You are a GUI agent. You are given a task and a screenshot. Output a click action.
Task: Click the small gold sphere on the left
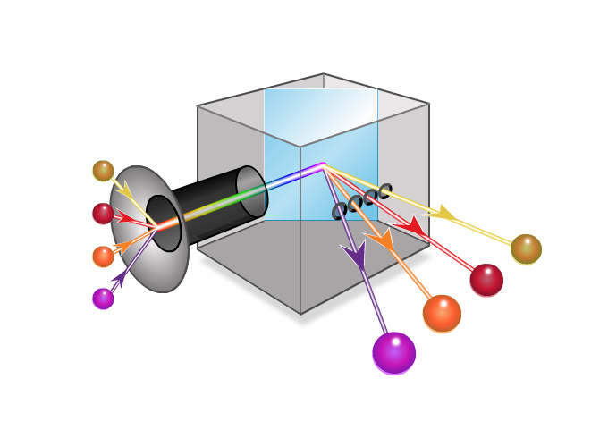(x=103, y=171)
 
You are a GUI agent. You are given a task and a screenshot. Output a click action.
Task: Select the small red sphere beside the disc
(x=103, y=214)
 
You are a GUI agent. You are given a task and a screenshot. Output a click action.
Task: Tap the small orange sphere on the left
(x=103, y=257)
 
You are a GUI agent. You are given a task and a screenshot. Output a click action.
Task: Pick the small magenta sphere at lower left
(x=103, y=299)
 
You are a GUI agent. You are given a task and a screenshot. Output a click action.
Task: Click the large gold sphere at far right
(x=526, y=249)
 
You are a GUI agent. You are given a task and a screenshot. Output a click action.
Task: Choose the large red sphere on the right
(x=486, y=280)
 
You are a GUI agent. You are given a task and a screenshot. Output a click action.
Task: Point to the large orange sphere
(x=442, y=314)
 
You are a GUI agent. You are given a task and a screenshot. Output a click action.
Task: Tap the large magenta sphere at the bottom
(x=393, y=353)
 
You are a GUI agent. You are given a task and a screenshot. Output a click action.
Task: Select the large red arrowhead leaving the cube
(x=412, y=227)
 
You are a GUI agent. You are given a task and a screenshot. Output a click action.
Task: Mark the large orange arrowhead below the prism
(x=380, y=239)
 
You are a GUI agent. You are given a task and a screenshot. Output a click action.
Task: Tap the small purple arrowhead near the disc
(x=119, y=279)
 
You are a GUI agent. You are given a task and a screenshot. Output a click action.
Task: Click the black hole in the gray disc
(x=163, y=223)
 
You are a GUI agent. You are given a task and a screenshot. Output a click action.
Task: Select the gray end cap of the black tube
(x=252, y=191)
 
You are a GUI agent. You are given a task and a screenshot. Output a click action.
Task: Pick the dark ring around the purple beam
(x=339, y=211)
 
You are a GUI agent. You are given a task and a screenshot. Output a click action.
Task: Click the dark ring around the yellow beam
(x=384, y=190)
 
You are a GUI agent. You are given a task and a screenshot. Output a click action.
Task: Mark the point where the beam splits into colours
(x=323, y=165)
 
